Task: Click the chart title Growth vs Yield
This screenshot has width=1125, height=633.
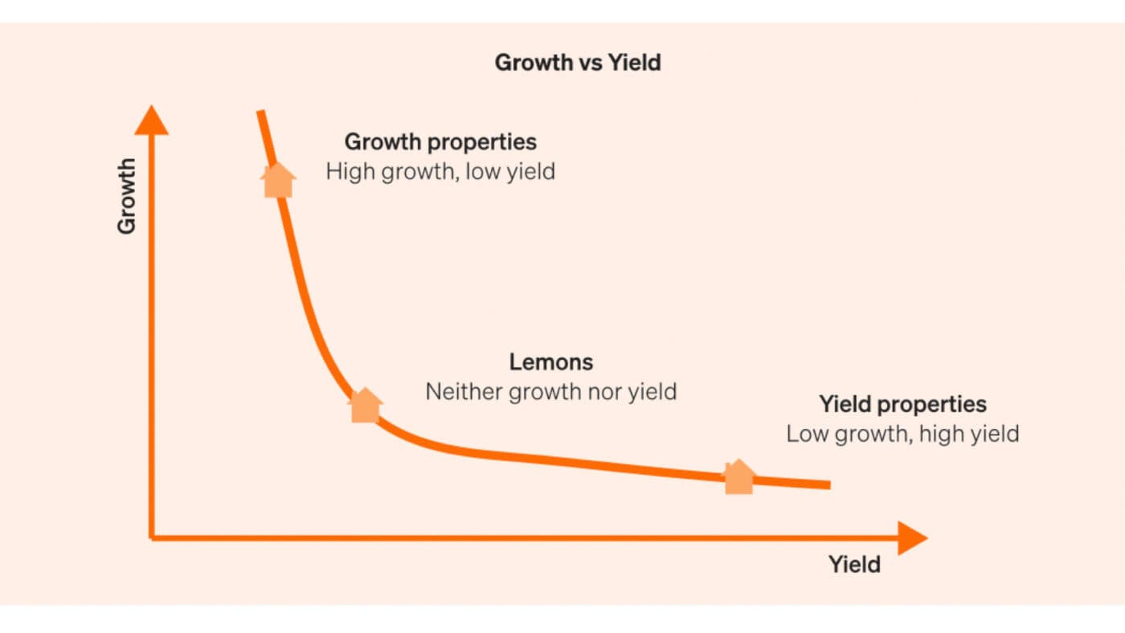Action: [577, 63]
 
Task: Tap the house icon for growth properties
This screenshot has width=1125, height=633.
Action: [278, 179]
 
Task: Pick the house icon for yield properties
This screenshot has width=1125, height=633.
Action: [739, 477]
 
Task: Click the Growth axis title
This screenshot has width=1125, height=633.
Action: [127, 196]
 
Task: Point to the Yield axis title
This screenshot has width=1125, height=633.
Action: [854, 565]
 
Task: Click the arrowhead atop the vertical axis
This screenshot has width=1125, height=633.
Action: [151, 120]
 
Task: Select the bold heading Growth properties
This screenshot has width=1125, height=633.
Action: [440, 142]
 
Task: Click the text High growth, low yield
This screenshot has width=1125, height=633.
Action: [440, 171]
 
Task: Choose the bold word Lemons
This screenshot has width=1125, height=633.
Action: [551, 362]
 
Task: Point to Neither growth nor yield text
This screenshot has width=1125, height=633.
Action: [551, 392]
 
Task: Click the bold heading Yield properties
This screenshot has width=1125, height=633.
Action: [902, 404]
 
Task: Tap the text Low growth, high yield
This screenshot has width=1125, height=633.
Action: [902, 434]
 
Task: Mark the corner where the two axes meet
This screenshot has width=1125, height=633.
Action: [152, 537]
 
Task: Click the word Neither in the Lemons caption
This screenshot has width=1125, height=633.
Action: [457, 392]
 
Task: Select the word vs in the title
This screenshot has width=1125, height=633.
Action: [579, 63]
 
